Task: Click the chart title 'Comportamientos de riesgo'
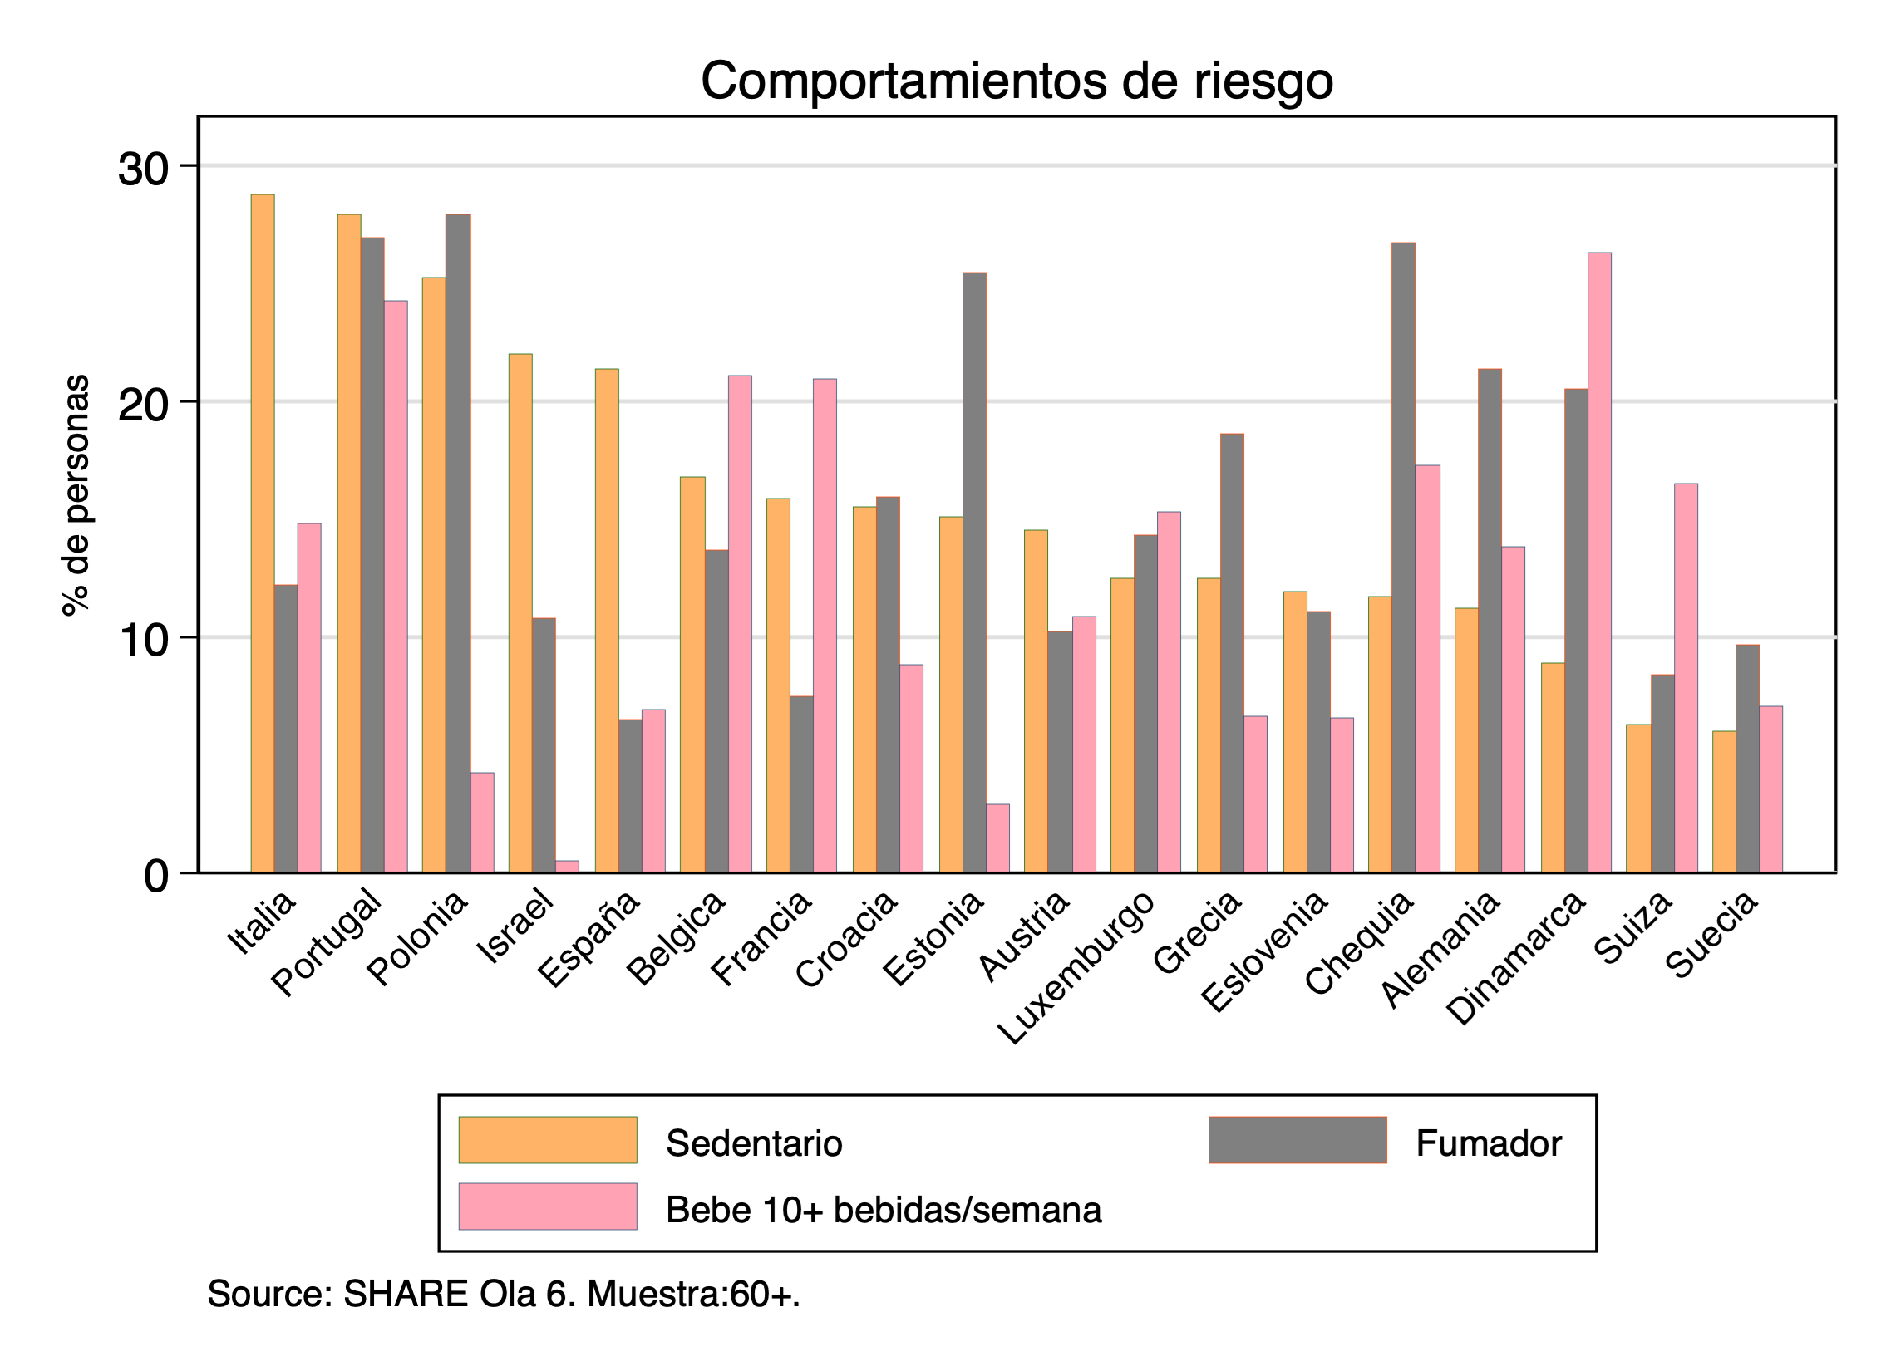point(1017,81)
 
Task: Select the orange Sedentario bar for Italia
point(263,532)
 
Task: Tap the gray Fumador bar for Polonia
point(458,540)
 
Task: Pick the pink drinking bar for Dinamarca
point(1599,561)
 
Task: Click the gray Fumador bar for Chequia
point(1403,557)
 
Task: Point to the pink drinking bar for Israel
point(567,867)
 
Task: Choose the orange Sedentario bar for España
point(607,619)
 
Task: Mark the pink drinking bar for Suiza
point(1686,677)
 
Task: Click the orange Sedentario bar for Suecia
point(1724,802)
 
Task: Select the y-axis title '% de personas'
point(76,495)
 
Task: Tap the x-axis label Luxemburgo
point(1076,969)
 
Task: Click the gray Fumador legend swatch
point(1298,1139)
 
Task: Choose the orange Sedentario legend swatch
point(548,1139)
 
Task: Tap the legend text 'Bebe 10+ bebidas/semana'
point(883,1210)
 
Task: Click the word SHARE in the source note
point(406,1294)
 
